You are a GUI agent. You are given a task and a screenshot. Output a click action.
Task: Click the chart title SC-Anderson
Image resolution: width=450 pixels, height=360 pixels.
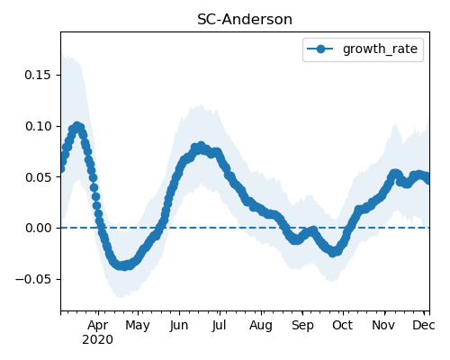click(245, 20)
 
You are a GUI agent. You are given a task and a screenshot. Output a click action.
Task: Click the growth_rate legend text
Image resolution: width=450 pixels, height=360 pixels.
click(380, 49)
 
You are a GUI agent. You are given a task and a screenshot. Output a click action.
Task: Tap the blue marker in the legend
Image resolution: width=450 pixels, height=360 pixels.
click(320, 49)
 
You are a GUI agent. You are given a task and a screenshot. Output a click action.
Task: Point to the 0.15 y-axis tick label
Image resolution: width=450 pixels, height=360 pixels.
click(38, 75)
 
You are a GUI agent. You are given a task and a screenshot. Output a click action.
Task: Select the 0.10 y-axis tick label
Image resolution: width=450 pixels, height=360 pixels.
click(38, 126)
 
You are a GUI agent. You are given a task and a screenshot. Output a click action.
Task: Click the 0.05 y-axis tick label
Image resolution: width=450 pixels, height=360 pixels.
click(38, 177)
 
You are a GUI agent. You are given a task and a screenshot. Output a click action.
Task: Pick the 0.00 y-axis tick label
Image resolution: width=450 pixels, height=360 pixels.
click(38, 228)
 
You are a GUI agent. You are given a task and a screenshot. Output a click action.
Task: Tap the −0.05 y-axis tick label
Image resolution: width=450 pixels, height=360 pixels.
click(33, 279)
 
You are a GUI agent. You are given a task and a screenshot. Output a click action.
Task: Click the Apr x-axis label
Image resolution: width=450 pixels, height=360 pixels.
click(98, 326)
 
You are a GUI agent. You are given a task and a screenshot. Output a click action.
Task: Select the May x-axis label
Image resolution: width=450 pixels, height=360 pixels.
click(138, 326)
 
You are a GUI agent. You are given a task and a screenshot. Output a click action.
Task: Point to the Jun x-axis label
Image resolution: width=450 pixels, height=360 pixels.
click(179, 326)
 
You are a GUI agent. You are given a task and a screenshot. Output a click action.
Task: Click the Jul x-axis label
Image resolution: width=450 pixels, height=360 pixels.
click(220, 326)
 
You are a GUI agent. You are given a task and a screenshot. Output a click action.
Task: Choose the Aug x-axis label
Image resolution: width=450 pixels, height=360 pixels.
click(261, 326)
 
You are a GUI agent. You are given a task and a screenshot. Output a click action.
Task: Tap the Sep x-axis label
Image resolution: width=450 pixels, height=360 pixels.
click(302, 326)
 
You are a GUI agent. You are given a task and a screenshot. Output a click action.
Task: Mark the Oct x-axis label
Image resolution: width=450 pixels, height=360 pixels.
click(343, 325)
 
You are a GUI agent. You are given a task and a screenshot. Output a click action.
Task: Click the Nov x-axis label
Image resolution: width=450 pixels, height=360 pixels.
click(383, 325)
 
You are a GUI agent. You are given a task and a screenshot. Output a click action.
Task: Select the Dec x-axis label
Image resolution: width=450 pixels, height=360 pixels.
click(424, 325)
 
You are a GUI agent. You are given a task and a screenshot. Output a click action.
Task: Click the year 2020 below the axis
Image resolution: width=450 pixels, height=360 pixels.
click(98, 340)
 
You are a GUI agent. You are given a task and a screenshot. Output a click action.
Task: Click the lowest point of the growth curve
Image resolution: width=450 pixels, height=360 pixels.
click(122, 265)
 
